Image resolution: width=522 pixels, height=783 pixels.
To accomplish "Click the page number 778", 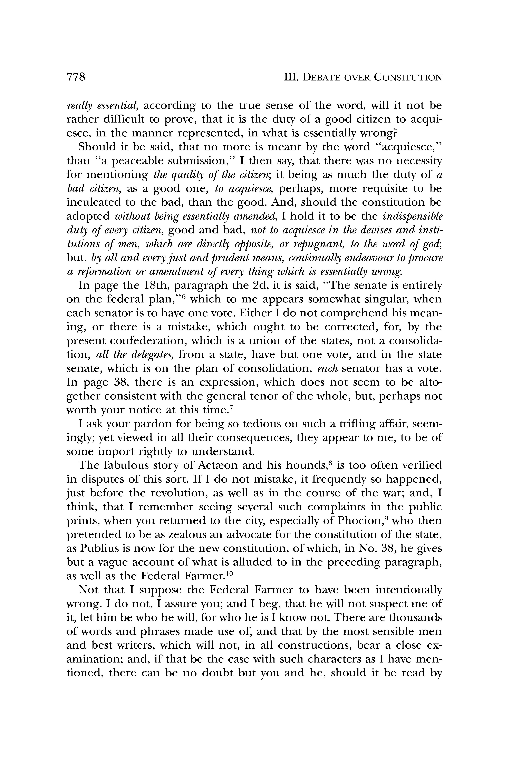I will pos(76,77).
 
